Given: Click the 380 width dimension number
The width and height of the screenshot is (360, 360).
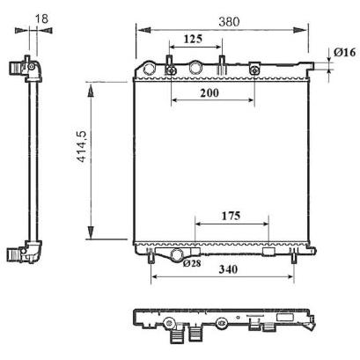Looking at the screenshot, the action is click(229, 21).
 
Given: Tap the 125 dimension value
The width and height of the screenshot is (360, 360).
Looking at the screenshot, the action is click(193, 39).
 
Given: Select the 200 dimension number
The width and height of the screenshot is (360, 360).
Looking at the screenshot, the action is click(209, 92).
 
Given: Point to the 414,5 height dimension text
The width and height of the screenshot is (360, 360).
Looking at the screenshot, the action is click(81, 146).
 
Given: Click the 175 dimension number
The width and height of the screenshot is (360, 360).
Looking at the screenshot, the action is click(231, 216).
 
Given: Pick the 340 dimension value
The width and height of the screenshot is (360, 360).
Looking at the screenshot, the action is click(228, 269).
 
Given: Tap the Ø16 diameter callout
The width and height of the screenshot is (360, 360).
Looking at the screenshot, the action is click(344, 52).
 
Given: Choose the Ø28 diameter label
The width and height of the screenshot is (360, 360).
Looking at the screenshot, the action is click(192, 263).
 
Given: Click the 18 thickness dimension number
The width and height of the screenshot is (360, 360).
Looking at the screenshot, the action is click(41, 18).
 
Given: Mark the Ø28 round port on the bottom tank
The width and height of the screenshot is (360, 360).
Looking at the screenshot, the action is click(177, 254).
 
